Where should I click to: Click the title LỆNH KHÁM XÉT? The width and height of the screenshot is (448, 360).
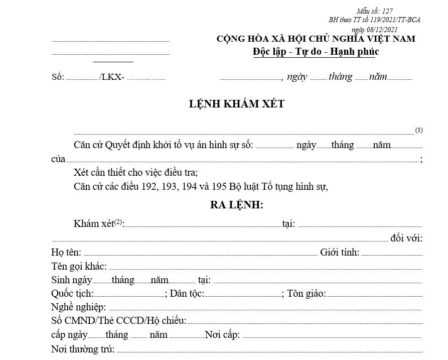[237, 104]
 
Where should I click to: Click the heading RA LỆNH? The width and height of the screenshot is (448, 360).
[237, 205]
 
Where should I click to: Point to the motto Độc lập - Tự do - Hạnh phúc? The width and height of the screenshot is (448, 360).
[316, 52]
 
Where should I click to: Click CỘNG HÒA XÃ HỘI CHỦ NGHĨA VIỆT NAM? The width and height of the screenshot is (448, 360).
[316, 39]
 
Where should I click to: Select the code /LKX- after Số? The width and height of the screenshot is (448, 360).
[112, 77]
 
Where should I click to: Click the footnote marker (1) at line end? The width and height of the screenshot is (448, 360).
[419, 131]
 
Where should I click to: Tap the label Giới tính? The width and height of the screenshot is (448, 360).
[339, 253]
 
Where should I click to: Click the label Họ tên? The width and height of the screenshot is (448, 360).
[66, 253]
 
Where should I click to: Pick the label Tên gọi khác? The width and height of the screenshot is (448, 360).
[79, 266]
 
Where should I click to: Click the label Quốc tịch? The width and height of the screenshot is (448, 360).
[72, 294]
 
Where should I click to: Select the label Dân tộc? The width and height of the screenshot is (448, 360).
[187, 294]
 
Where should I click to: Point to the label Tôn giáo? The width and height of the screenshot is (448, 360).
[307, 294]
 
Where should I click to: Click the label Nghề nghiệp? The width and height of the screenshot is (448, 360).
[78, 307]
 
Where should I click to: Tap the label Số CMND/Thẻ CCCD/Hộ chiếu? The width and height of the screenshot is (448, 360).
[119, 321]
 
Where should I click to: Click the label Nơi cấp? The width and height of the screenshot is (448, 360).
[222, 335]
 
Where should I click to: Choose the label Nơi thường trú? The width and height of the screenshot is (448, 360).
[83, 349]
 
